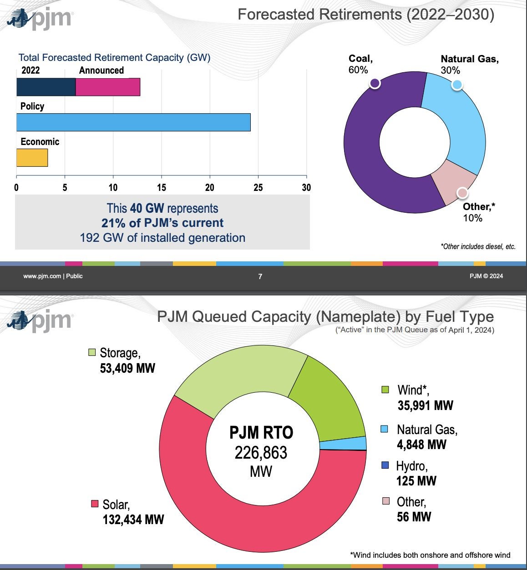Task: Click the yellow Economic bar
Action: pos(32,158)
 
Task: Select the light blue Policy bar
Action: pos(133,122)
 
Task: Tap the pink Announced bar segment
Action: pos(107,87)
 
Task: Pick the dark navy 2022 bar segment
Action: pos(46,87)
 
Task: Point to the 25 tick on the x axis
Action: pos(258,187)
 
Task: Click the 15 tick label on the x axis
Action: pos(162,187)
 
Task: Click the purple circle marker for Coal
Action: pos(375,83)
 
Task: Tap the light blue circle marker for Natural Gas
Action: pos(457,85)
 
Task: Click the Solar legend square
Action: pos(95,504)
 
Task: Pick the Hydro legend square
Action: pos(385,465)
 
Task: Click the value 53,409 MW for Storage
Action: pos(127,368)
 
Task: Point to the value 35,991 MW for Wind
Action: pos(425,405)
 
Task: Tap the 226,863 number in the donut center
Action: pos(261,453)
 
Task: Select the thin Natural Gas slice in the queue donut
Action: pos(344,444)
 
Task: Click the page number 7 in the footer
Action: pos(260,276)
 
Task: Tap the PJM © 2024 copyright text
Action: pos(486,276)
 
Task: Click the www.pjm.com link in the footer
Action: pos(42,276)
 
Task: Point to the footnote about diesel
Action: pos(478,246)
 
